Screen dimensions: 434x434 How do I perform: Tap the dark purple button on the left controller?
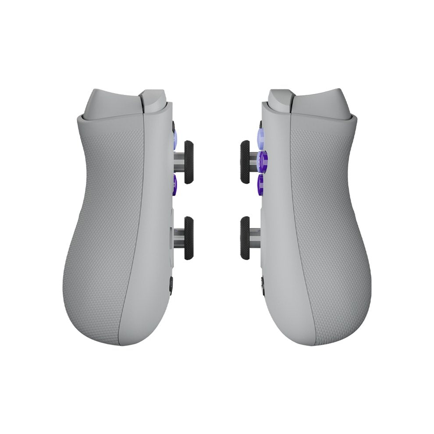pos(174,185)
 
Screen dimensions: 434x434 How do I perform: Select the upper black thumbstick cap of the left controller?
pos(189,162)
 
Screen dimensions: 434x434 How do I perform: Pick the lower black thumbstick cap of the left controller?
pos(189,238)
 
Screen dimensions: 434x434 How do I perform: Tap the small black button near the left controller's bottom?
pos(171,285)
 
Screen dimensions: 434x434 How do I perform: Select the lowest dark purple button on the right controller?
pos(260,184)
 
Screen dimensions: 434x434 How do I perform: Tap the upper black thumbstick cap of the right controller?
pos(245,162)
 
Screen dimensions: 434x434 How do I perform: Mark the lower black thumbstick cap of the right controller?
pos(245,238)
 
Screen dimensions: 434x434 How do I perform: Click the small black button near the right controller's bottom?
pos(263,285)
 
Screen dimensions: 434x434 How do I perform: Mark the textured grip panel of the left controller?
pos(103,228)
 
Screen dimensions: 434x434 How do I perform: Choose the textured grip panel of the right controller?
pos(331,228)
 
